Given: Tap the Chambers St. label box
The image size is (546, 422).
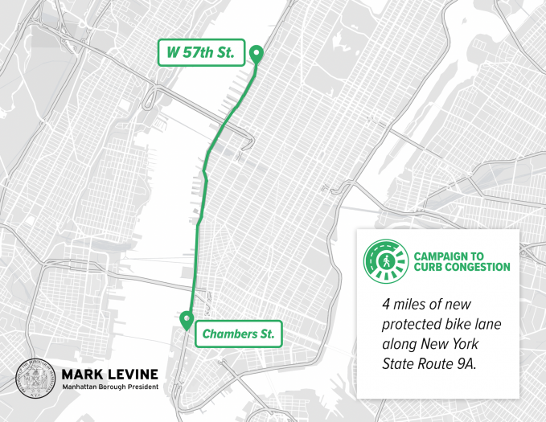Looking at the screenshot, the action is click(238, 333).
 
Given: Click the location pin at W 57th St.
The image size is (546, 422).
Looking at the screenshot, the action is click(256, 55).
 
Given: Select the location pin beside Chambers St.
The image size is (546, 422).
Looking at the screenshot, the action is click(187, 320).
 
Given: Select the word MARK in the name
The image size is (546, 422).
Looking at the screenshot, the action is click(83, 374).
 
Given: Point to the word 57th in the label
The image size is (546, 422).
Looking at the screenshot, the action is click(200, 53).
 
